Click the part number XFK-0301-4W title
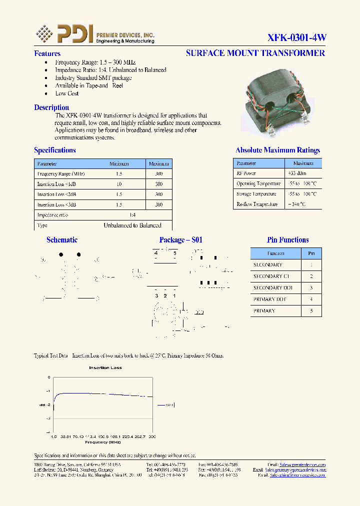click(x=296, y=38)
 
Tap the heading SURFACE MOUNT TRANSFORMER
click(x=255, y=53)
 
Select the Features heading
click(x=47, y=53)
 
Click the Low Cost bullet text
click(x=67, y=93)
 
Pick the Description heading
click(x=51, y=107)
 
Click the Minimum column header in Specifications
click(x=119, y=164)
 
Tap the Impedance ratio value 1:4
click(x=132, y=215)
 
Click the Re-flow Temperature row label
click(x=256, y=204)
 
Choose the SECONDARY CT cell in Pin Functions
click(x=271, y=276)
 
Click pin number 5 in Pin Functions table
click(x=311, y=311)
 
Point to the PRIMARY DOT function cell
click(x=270, y=299)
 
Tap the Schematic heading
click(x=62, y=240)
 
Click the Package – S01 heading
click(x=181, y=240)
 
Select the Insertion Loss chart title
click(x=105, y=368)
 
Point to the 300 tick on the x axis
click(x=152, y=436)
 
